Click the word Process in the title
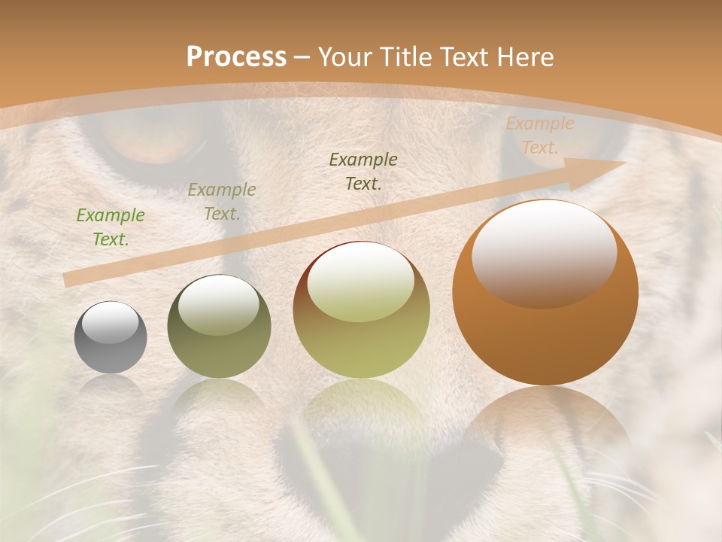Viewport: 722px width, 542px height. pos(236,56)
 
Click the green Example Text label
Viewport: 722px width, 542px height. pos(111,227)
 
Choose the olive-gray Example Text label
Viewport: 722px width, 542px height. pos(222,202)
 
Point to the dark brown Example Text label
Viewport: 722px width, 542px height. pos(363,172)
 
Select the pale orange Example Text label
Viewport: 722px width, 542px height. pos(539,135)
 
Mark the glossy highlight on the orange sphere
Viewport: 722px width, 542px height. pos(544,252)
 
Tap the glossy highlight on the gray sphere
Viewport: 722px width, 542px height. pos(111,322)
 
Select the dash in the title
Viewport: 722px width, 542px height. pos(302,57)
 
